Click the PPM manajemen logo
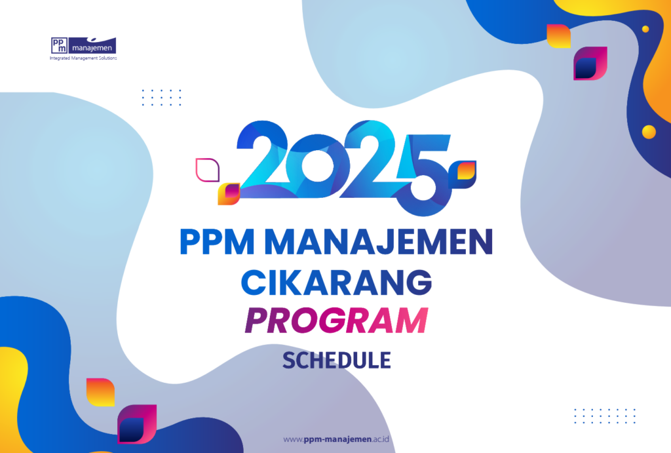pos(83,45)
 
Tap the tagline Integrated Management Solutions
pos(83,58)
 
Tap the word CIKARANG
pos(337,283)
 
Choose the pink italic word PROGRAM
pos(335,322)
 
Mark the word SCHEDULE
pos(336,360)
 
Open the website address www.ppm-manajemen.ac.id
pos(336,439)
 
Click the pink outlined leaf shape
pos(206,169)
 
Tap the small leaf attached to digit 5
pos(466,170)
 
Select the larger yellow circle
pos(649,132)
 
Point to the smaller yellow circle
pos(645,29)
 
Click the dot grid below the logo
pos(161,97)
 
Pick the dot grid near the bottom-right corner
pos(605,416)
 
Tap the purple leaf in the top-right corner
pos(590,64)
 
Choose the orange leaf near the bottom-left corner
pos(100,392)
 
